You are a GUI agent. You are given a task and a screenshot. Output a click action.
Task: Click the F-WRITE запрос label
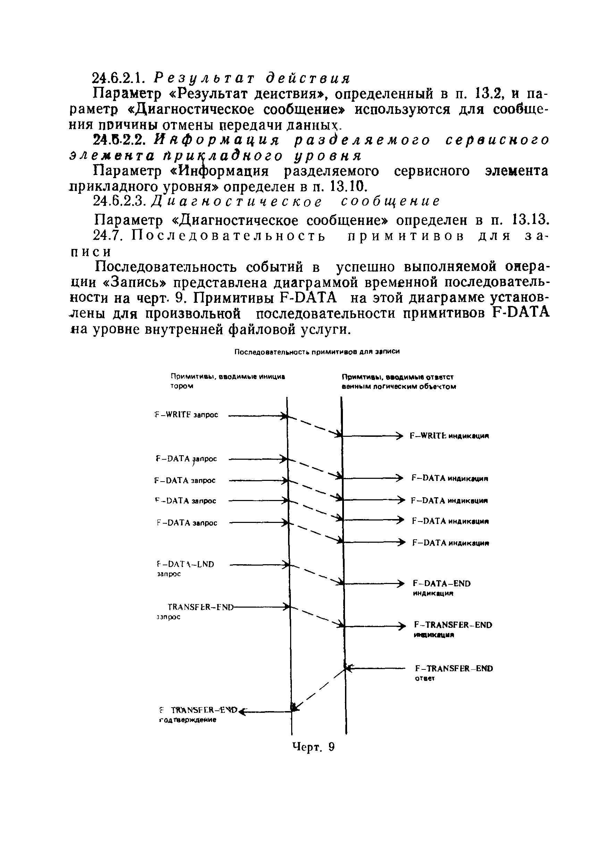(x=186, y=415)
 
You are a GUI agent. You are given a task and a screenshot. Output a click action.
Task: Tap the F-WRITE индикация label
(x=449, y=436)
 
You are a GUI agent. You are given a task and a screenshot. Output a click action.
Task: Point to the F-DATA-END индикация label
(x=441, y=588)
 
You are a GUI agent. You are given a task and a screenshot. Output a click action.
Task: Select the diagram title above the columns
(x=317, y=352)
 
